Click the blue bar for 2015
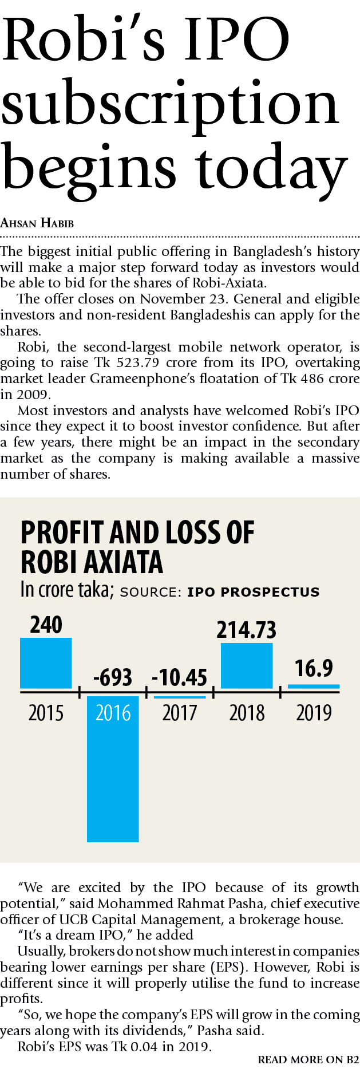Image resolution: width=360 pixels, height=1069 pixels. (x=46, y=662)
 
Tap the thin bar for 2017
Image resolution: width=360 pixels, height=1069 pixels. (x=180, y=697)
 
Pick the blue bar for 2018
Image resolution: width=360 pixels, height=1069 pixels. (x=247, y=665)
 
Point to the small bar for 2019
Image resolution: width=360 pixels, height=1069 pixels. (x=314, y=686)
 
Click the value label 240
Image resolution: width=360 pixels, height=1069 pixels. (x=46, y=625)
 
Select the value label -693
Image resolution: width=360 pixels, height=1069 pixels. (x=113, y=677)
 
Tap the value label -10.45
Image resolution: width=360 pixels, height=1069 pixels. (x=179, y=677)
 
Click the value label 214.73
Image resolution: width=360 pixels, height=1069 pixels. (x=246, y=630)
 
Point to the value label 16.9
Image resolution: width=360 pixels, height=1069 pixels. (x=314, y=668)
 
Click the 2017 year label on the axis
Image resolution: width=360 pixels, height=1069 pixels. (x=180, y=713)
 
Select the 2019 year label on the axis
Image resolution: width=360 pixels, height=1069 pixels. (x=314, y=713)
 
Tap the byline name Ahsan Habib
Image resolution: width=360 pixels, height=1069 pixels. (x=37, y=223)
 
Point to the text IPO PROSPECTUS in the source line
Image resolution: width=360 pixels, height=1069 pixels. (x=253, y=592)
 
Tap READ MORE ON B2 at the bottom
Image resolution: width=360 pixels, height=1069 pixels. (x=308, y=1060)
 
